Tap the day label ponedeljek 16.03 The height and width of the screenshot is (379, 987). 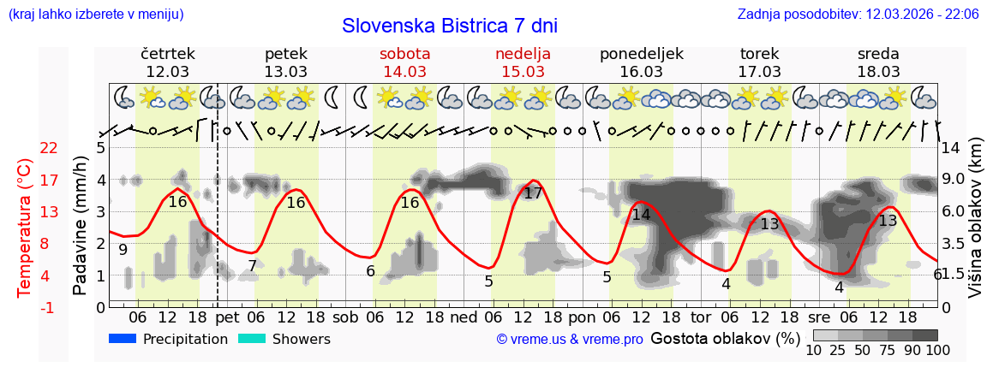point(641,62)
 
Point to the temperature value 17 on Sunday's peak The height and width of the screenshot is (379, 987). point(533,193)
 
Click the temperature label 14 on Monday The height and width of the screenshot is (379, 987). point(641,215)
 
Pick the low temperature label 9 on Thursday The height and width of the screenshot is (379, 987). point(123,250)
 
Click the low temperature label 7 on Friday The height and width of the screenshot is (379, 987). point(252,266)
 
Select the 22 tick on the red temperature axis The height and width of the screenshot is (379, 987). point(49,148)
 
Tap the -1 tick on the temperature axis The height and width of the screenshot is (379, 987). point(49,307)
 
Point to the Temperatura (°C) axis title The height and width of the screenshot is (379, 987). point(25,228)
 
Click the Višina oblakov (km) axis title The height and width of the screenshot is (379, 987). point(976,228)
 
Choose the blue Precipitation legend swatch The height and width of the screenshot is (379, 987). point(123,339)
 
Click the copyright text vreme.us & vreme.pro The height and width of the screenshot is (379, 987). point(570,340)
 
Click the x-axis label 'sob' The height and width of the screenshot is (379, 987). point(346,317)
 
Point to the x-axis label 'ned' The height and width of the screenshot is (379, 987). point(464,317)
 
